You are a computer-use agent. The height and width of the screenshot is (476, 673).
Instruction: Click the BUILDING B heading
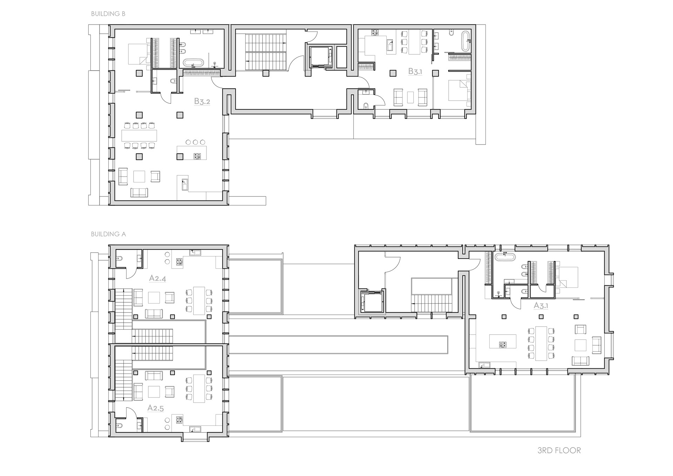click(x=108, y=14)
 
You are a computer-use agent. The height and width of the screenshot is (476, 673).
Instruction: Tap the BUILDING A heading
click(x=108, y=234)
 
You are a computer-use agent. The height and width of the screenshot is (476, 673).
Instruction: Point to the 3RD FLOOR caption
click(x=559, y=450)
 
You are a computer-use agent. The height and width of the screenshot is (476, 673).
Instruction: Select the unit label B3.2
click(x=202, y=101)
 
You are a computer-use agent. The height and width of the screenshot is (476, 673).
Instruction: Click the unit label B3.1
click(x=415, y=72)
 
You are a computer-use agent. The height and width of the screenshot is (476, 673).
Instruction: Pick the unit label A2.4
click(x=157, y=278)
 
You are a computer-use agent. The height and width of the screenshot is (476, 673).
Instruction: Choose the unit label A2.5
click(x=156, y=408)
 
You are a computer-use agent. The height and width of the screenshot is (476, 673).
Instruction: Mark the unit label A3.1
click(x=541, y=306)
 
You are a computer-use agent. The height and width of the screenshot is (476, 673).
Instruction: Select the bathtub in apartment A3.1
click(x=505, y=256)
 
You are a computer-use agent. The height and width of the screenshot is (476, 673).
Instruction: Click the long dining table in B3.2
click(x=139, y=135)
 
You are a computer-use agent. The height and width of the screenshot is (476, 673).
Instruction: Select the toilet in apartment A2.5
click(x=119, y=427)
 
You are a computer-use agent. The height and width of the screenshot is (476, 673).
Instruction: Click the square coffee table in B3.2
click(x=139, y=176)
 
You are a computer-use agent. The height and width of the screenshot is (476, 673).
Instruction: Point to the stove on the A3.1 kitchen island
click(x=503, y=344)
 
